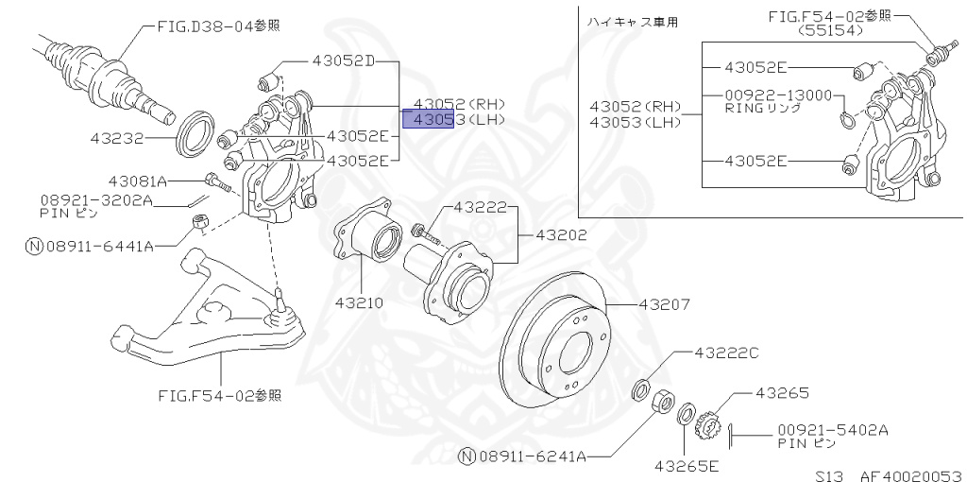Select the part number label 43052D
pyautogui.click(x=344, y=61)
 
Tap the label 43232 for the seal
pyautogui.click(x=117, y=138)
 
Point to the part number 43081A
pyautogui.click(x=136, y=181)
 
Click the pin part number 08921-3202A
pyautogui.click(x=95, y=200)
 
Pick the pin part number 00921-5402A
pyautogui.click(x=833, y=429)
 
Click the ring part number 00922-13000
pyautogui.click(x=778, y=95)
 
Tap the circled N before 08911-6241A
pyautogui.click(x=466, y=457)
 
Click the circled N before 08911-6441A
pyautogui.click(x=34, y=246)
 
